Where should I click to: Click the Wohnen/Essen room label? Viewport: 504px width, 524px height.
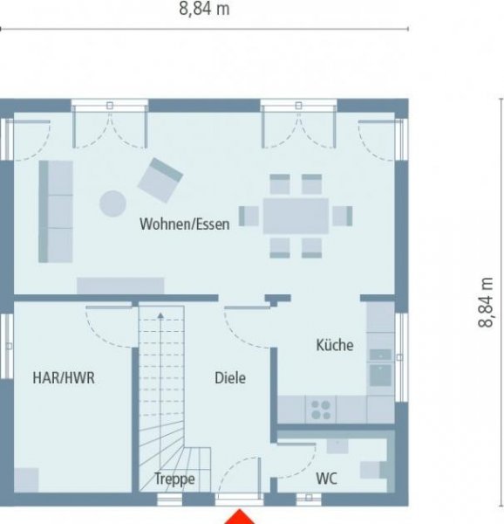pyautogui.click(x=185, y=224)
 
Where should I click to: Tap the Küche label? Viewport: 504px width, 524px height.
pyautogui.click(x=335, y=345)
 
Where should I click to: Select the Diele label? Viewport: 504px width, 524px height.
pyautogui.click(x=230, y=378)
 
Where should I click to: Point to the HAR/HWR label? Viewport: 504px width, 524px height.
pyautogui.click(x=64, y=378)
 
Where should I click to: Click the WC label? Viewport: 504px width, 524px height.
pyautogui.click(x=327, y=479)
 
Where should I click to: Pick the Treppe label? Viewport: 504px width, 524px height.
pyautogui.click(x=174, y=479)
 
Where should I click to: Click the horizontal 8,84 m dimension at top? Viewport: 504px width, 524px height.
pyautogui.click(x=205, y=10)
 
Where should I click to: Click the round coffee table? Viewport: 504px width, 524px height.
pyautogui.click(x=112, y=203)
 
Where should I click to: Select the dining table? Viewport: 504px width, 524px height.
pyautogui.click(x=296, y=215)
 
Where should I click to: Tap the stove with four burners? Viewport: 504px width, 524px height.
pyautogui.click(x=321, y=409)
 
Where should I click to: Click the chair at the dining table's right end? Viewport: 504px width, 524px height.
pyautogui.click(x=343, y=215)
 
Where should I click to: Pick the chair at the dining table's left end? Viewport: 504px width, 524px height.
pyautogui.click(x=249, y=215)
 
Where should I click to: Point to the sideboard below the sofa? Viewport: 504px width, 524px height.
pyautogui.click(x=120, y=286)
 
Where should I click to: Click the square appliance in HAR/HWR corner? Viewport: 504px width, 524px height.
pyautogui.click(x=26, y=479)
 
